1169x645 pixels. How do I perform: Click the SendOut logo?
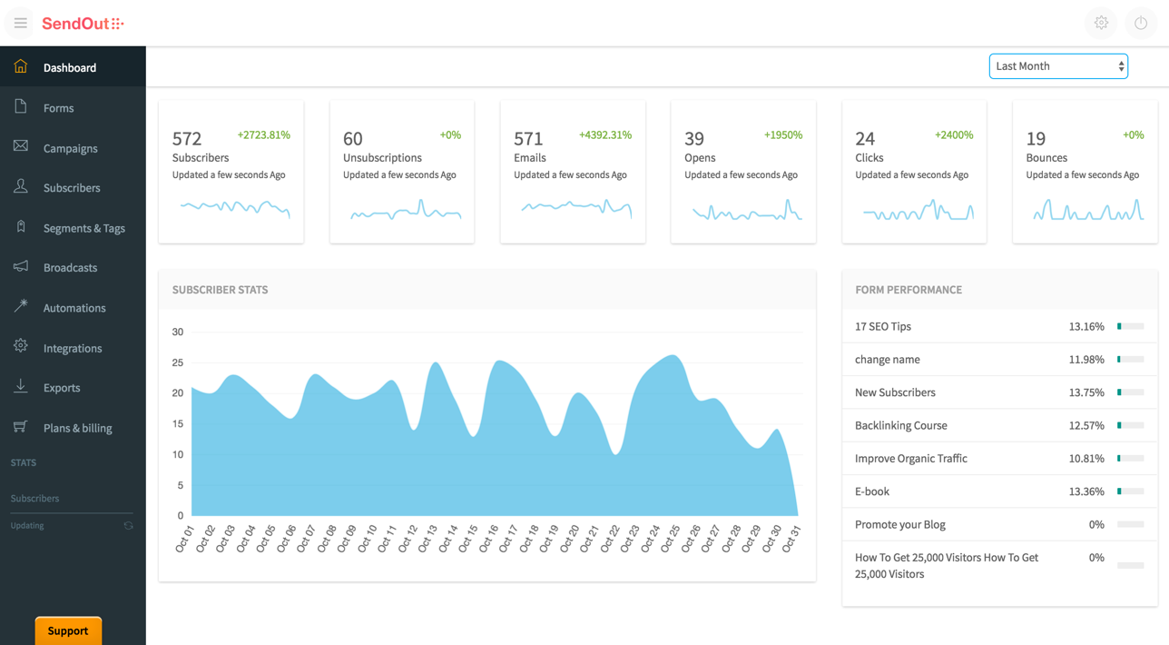82,24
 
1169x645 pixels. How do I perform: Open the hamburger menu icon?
20,24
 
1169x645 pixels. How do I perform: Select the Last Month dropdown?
1058,66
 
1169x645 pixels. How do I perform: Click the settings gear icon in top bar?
1101,24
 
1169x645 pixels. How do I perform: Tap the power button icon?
1141,24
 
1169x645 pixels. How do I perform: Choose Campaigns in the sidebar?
70,148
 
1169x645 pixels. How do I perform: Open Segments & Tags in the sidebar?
83,228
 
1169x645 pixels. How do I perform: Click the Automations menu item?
74,308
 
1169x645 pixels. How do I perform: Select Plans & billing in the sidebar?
77,428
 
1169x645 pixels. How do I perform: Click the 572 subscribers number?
187,139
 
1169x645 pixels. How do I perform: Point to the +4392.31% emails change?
605,135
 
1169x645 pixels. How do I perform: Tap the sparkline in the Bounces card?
1087,211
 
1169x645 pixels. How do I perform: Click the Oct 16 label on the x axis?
489,538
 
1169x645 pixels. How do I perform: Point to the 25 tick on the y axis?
178,362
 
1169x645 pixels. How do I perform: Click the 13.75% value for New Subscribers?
1086,392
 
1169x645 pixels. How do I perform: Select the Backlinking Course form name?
900,425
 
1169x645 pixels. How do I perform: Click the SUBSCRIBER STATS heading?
220,290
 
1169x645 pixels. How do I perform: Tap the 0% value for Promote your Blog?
1096,524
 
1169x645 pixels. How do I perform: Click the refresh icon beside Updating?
128,526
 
